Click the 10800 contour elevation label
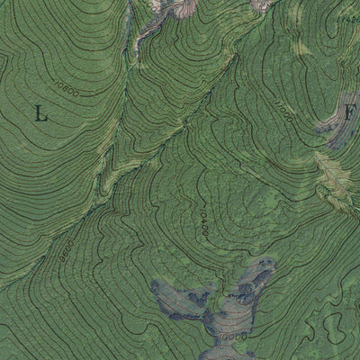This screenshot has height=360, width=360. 67,89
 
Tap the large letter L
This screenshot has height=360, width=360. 40,113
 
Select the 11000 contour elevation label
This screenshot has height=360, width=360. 283,113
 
